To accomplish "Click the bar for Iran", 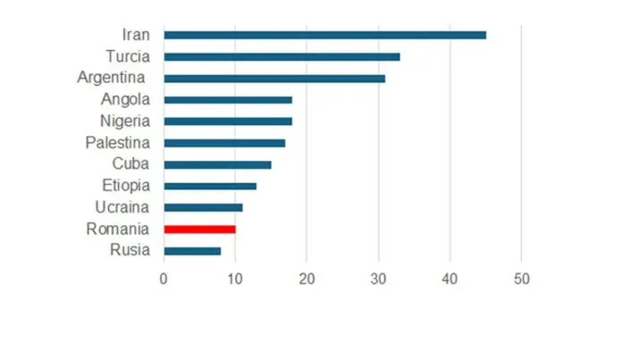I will coord(324,35).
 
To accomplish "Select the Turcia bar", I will coord(282,56).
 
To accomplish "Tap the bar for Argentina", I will coord(274,79).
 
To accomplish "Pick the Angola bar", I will coord(228,100).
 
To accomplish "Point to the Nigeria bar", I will coord(228,121).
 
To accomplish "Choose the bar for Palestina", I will coord(224,143).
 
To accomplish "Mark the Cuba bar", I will coord(217,164).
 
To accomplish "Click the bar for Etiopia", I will coord(210,186).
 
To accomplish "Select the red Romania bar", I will coord(199,229).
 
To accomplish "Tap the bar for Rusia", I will coord(192,251).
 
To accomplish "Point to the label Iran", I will coord(136,35).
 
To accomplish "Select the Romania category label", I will coord(117,229).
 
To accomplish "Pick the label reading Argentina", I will coord(111,79).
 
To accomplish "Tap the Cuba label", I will coord(130,164).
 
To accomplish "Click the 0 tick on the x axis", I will coord(164,279).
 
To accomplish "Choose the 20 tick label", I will coord(307,279).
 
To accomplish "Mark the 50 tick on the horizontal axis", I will coord(521,279).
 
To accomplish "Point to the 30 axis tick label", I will coord(378,279).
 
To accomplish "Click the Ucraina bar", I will coord(203,207).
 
